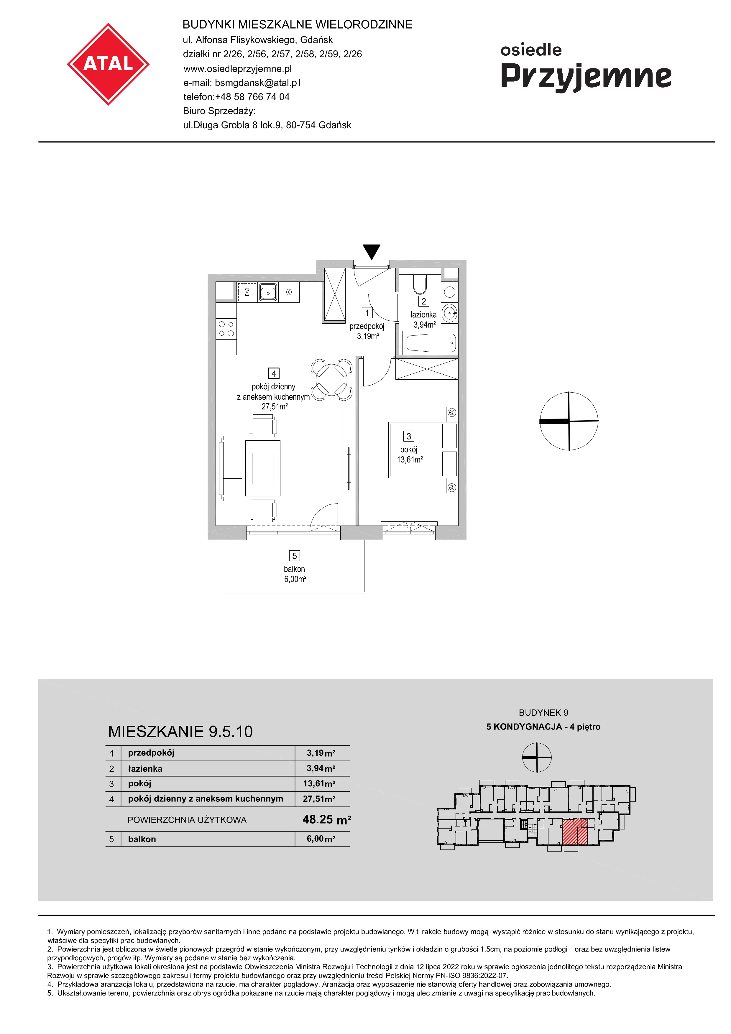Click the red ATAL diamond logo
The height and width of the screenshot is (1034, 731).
click(x=108, y=64)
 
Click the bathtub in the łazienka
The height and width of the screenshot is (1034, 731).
click(x=431, y=343)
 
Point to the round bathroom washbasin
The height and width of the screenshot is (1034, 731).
click(x=449, y=312)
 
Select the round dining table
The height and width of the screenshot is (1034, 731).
click(x=331, y=380)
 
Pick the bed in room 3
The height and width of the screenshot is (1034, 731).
click(x=423, y=450)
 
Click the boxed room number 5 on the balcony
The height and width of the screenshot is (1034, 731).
click(x=295, y=556)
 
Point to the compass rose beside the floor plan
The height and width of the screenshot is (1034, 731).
click(x=569, y=421)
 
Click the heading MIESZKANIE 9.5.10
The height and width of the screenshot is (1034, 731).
click(x=180, y=731)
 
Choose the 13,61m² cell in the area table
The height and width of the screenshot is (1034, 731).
click(x=319, y=784)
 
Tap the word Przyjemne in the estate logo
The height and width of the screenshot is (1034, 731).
click(x=586, y=77)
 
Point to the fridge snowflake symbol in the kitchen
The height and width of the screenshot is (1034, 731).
click(x=289, y=292)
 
